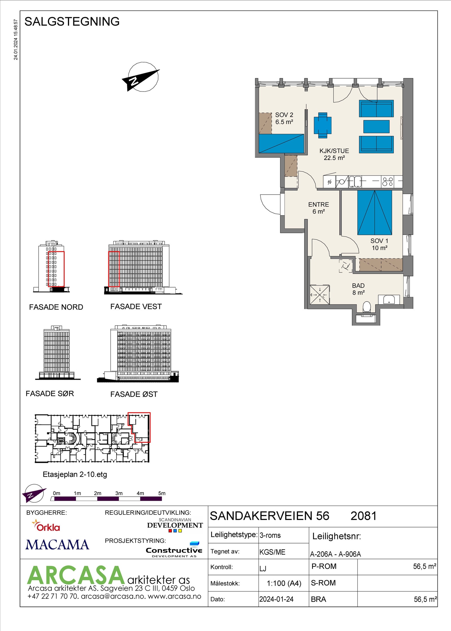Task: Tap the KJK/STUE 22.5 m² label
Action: coord(334,154)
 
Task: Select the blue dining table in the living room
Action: coord(323,125)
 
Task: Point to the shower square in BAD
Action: coord(320,295)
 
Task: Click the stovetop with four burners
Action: coord(388,182)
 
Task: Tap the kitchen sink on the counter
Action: coord(355,182)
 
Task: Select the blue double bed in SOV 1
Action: coord(375,213)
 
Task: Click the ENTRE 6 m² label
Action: coord(319,208)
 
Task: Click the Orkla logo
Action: coord(47,526)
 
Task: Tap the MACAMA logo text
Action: coord(57,545)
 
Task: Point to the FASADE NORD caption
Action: coord(56,307)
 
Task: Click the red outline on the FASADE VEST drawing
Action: coord(114,269)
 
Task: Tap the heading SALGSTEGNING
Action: coord(72,22)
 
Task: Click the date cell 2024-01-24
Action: coord(276,599)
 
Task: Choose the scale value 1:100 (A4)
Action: coord(284,583)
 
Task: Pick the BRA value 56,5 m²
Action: coord(425,599)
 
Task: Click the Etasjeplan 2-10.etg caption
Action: coord(75,474)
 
